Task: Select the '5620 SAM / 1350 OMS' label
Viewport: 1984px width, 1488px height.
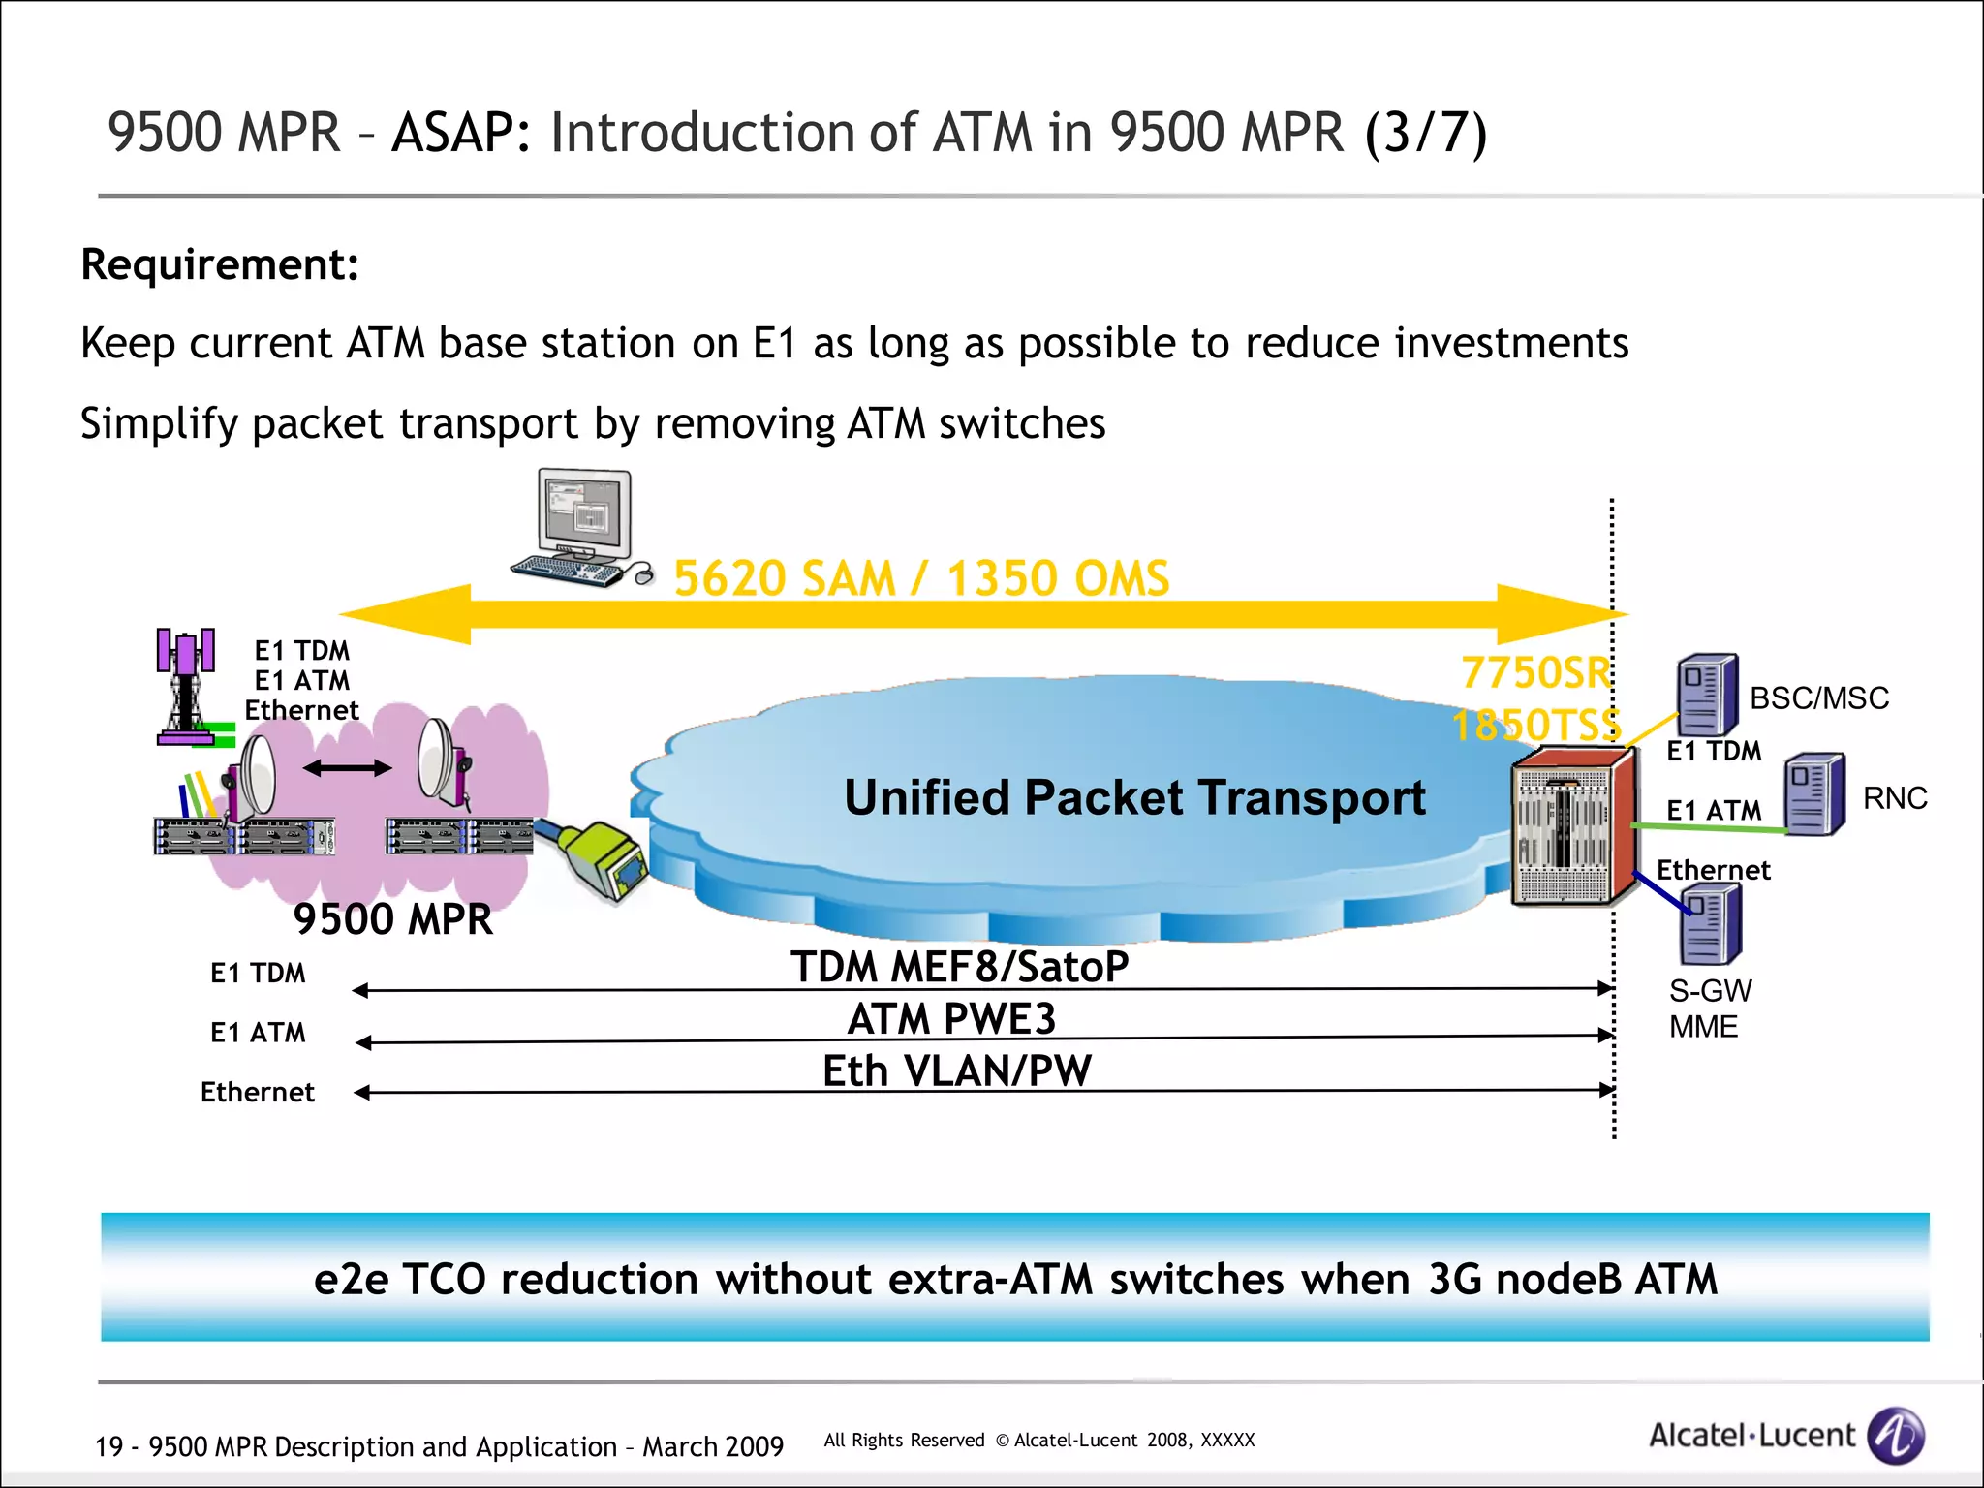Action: point(921,578)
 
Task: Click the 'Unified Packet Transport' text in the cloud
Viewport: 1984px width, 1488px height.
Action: point(1134,797)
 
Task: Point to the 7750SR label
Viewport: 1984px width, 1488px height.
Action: point(1535,672)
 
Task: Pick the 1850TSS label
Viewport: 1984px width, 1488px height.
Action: point(1535,725)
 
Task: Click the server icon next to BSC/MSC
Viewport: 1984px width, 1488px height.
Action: point(1708,695)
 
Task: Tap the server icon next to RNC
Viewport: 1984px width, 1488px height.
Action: point(1814,794)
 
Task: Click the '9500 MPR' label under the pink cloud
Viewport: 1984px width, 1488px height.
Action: point(392,918)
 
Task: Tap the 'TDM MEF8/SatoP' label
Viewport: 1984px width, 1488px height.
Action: point(959,966)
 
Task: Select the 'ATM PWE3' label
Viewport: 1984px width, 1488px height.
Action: point(951,1018)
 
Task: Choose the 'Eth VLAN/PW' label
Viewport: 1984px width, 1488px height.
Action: point(957,1070)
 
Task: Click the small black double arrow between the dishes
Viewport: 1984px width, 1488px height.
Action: point(347,768)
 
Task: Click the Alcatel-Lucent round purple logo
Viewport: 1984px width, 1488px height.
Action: point(1895,1435)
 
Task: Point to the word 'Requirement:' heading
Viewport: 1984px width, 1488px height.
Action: point(220,264)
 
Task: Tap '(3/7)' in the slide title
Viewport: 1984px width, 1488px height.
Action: point(1425,133)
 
